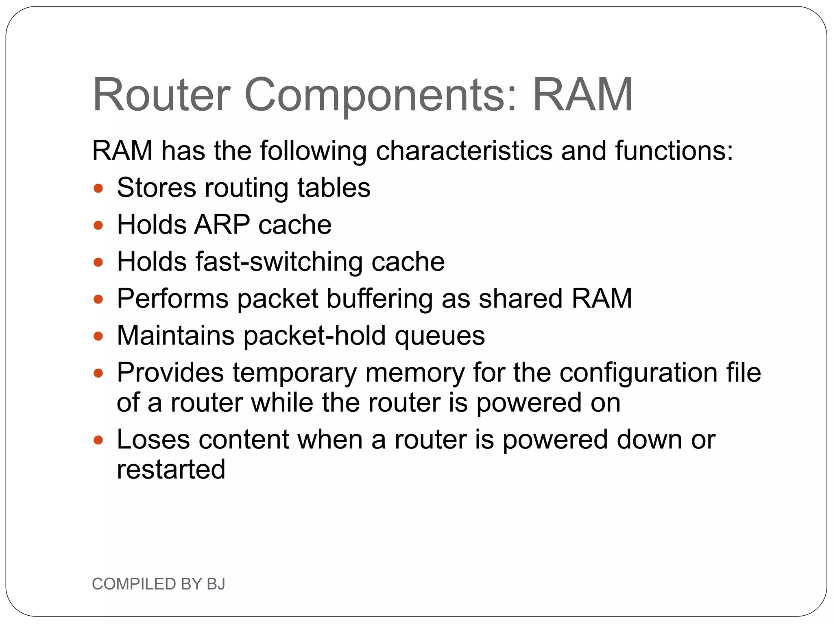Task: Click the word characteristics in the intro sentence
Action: tap(464, 151)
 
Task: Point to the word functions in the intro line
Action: tap(673, 151)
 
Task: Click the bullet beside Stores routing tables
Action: tap(98, 188)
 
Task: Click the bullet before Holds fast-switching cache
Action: tap(98, 262)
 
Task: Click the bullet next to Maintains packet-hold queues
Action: tap(98, 337)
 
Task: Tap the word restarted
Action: tap(171, 470)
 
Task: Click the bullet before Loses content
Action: tap(98, 440)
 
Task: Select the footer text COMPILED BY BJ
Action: tap(159, 584)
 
